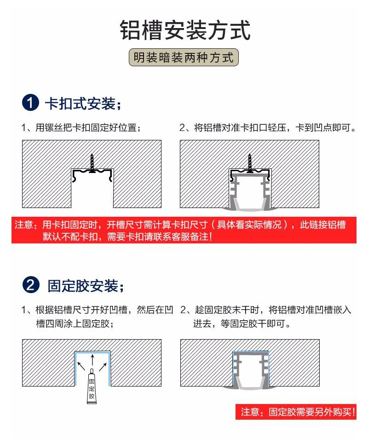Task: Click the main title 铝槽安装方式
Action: point(185,30)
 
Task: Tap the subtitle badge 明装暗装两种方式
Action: point(184,58)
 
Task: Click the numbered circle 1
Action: point(30,103)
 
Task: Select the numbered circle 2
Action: point(31,285)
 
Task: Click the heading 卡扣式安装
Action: point(83,104)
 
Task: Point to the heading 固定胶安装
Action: point(86,286)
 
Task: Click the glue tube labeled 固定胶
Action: point(92,387)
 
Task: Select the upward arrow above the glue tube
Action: point(92,360)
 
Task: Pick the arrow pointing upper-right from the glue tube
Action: point(103,367)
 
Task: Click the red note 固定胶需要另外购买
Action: point(296,412)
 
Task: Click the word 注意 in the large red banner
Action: point(23,225)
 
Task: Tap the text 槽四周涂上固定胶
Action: point(75,323)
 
